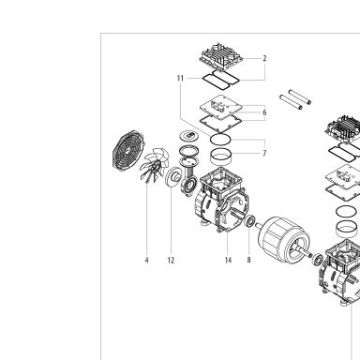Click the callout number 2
tap(264, 58)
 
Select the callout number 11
tap(180, 78)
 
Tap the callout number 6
tap(264, 112)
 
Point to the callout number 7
tap(264, 153)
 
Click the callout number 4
tap(146, 260)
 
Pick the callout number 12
tap(171, 260)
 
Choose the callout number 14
tap(228, 260)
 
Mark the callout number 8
tap(248, 260)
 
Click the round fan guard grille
tap(127, 151)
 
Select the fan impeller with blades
tap(155, 165)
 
